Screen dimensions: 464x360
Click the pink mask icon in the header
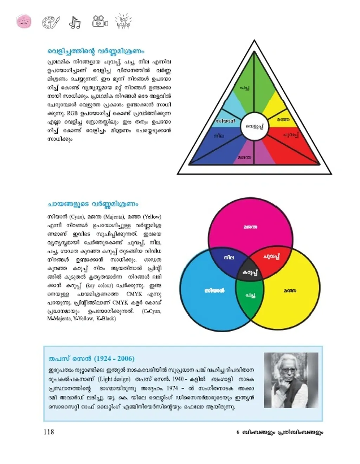pyautogui.click(x=24, y=22)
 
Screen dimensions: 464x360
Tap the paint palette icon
pyautogui.click(x=51, y=22)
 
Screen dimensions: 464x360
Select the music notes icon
pyautogui.click(x=75, y=22)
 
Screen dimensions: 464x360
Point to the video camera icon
pyautogui.click(x=100, y=22)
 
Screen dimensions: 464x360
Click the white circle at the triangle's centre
pyautogui.click(x=254, y=126)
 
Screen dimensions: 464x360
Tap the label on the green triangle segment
pyautogui.click(x=245, y=87)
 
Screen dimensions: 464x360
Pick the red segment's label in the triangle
pyautogui.click(x=291, y=135)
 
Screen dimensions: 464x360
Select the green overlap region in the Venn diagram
pyautogui.click(x=250, y=296)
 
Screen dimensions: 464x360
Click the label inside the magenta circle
pyautogui.click(x=250, y=227)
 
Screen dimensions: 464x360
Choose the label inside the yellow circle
pyautogui.click(x=290, y=291)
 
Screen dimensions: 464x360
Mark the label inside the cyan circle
pyautogui.click(x=214, y=291)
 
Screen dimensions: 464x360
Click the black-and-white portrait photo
pyautogui.click(x=291, y=380)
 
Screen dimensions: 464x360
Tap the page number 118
pyautogui.click(x=49, y=432)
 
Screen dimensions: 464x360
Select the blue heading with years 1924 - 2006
pyautogui.click(x=91, y=359)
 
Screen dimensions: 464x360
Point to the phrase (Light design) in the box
pyautogui.click(x=114, y=379)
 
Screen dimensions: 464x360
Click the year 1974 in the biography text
pyautogui.click(x=172, y=388)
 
